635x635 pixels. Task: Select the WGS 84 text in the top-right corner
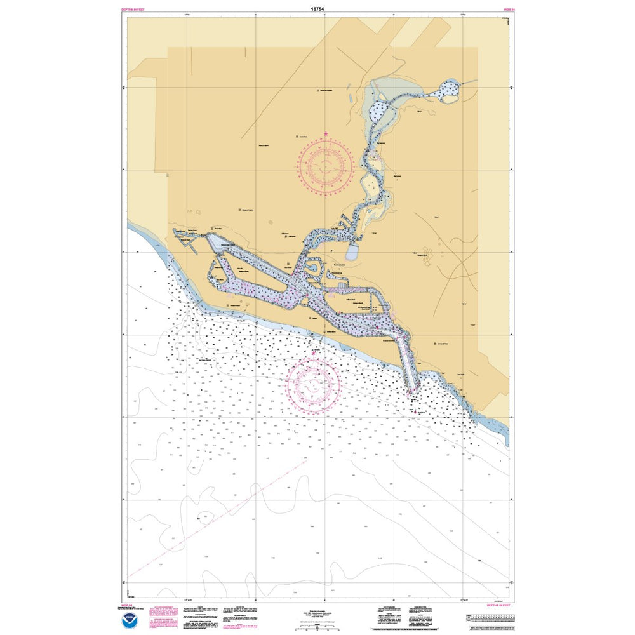(x=508, y=10)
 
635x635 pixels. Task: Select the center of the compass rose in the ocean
(x=312, y=383)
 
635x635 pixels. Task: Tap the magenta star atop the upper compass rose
(x=326, y=134)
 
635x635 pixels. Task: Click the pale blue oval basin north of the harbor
(x=352, y=253)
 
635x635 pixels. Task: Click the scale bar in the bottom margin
(x=324, y=625)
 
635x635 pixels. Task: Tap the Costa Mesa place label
(x=302, y=136)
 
